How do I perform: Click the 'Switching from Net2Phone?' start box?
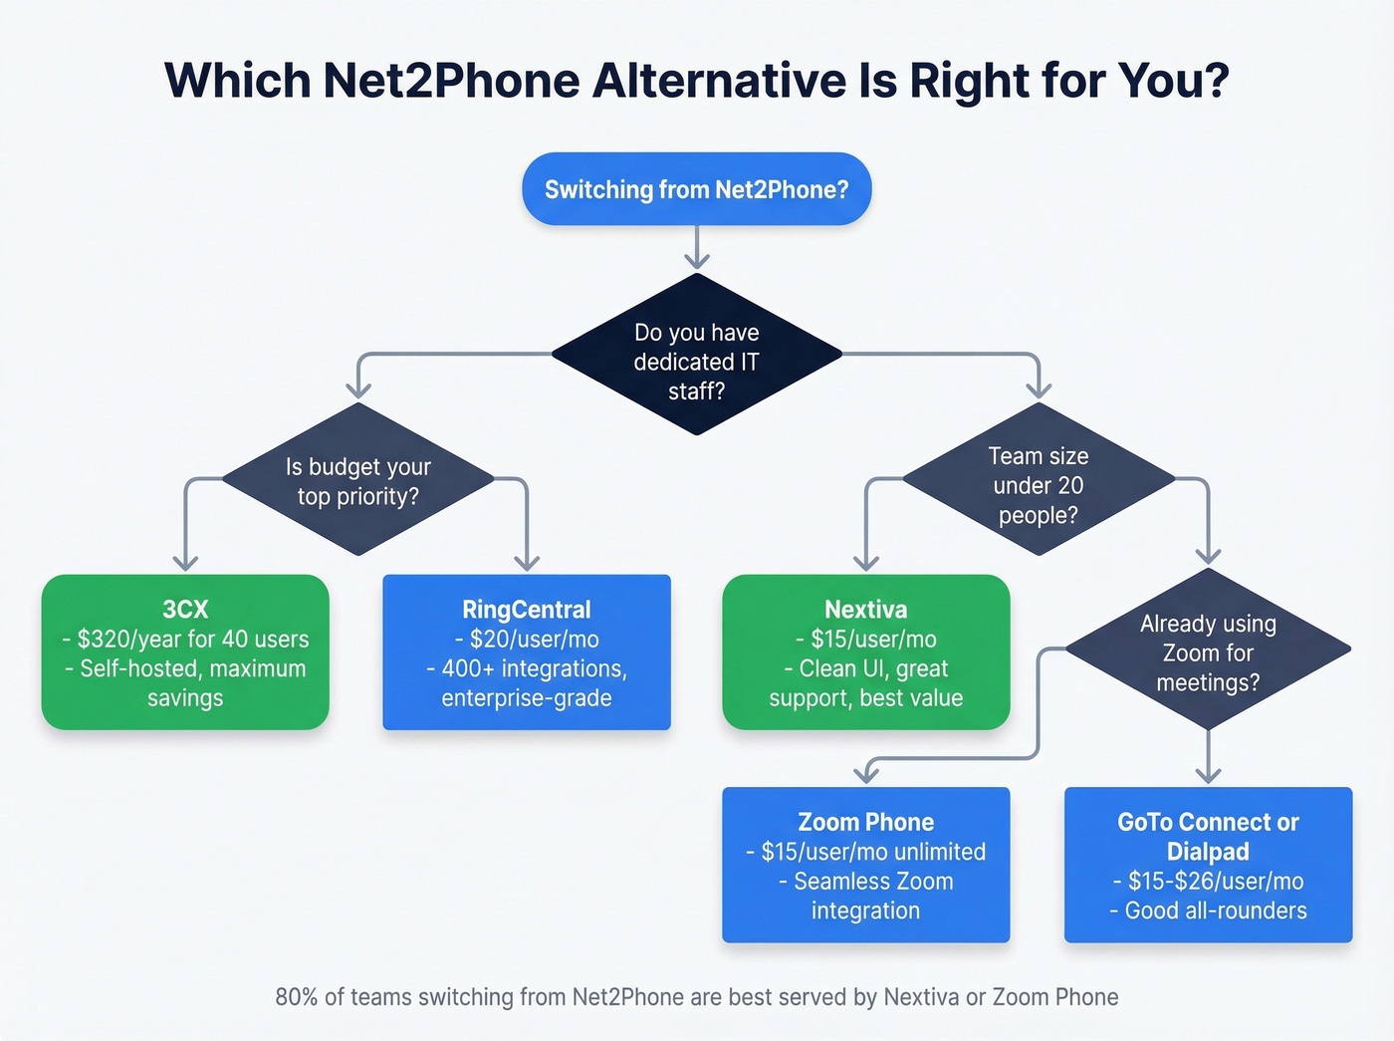[696, 189]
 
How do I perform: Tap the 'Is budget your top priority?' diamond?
[358, 480]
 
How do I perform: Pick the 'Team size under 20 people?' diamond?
[1038, 484]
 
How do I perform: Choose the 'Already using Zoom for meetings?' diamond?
[1208, 652]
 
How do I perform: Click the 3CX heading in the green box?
[185, 610]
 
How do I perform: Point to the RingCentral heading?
[527, 610]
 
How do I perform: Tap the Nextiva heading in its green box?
[865, 610]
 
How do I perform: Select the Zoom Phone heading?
[865, 822]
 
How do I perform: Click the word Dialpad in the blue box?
[1208, 852]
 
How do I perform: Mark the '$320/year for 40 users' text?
[193, 639]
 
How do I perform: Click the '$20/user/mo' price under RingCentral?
[534, 639]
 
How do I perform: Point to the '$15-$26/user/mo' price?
[1215, 881]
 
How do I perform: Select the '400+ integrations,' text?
[534, 668]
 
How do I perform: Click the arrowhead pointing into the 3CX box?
[185, 562]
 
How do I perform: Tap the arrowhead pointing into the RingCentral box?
[527, 562]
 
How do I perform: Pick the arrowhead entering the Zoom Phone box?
[866, 773]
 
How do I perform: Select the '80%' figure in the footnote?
[296, 997]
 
